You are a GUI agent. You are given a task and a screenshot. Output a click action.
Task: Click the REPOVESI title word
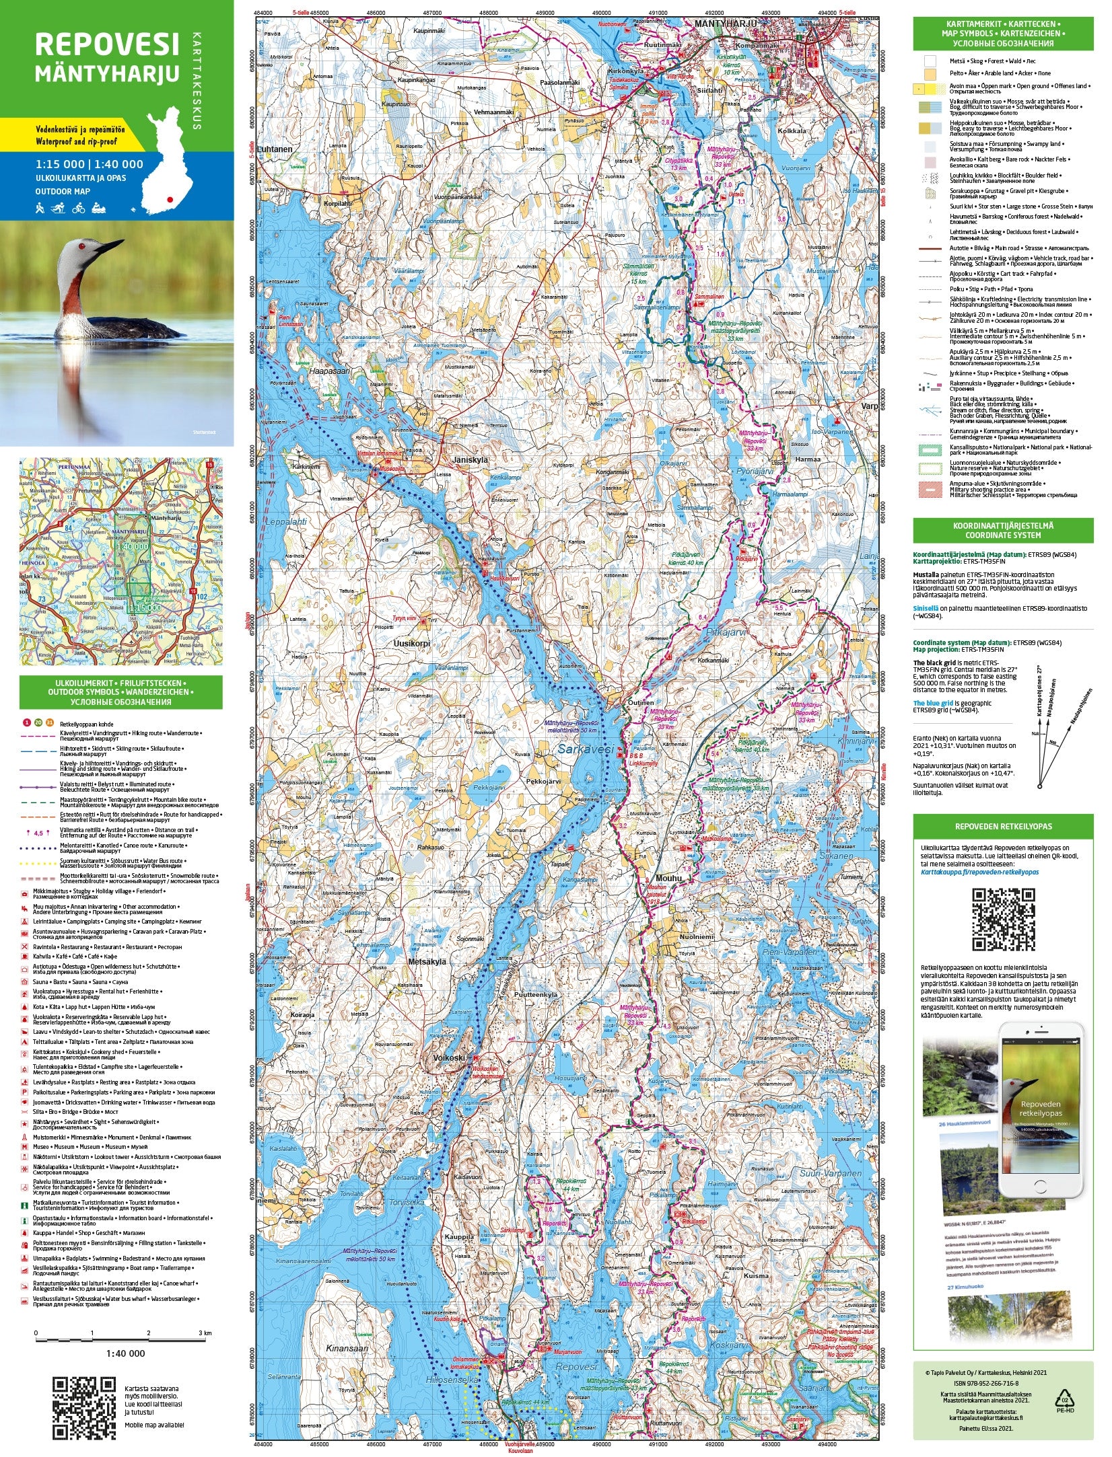[x=107, y=44]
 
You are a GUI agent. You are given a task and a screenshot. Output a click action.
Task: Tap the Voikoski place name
[x=450, y=1057]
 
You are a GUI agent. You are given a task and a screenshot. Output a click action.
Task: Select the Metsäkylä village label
[x=427, y=962]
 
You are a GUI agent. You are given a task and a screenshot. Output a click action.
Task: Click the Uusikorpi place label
[x=411, y=642]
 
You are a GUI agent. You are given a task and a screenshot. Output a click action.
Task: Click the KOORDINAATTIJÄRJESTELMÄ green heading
[x=1003, y=530]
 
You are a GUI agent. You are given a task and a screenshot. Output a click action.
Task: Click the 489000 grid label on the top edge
[x=545, y=13]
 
